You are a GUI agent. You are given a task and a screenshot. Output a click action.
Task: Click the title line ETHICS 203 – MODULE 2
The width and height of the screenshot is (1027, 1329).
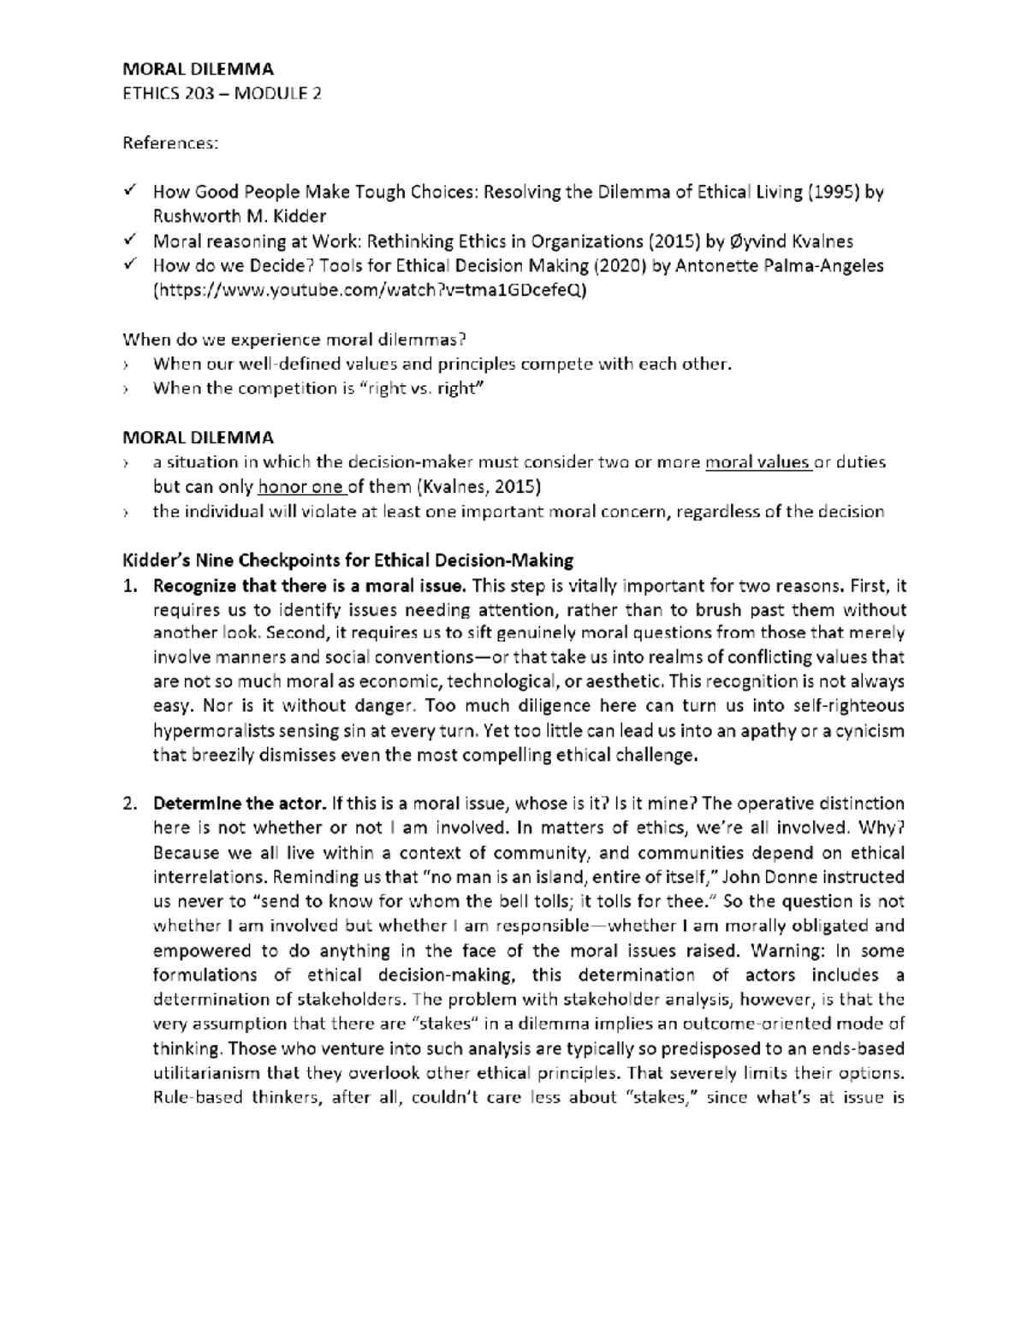point(223,93)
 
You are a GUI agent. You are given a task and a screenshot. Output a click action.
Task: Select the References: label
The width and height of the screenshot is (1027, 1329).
point(170,143)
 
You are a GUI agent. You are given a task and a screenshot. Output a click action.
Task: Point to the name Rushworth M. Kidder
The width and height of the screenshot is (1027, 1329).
point(240,216)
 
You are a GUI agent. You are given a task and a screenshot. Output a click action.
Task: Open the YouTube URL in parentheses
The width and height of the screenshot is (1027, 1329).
point(370,290)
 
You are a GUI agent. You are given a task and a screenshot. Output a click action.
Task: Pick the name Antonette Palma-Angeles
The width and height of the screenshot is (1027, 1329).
point(780,266)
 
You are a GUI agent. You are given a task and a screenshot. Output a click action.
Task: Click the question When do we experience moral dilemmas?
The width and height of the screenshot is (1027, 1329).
point(295,339)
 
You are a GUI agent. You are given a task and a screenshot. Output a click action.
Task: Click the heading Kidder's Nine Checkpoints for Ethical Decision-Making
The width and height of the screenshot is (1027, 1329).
point(348,561)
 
